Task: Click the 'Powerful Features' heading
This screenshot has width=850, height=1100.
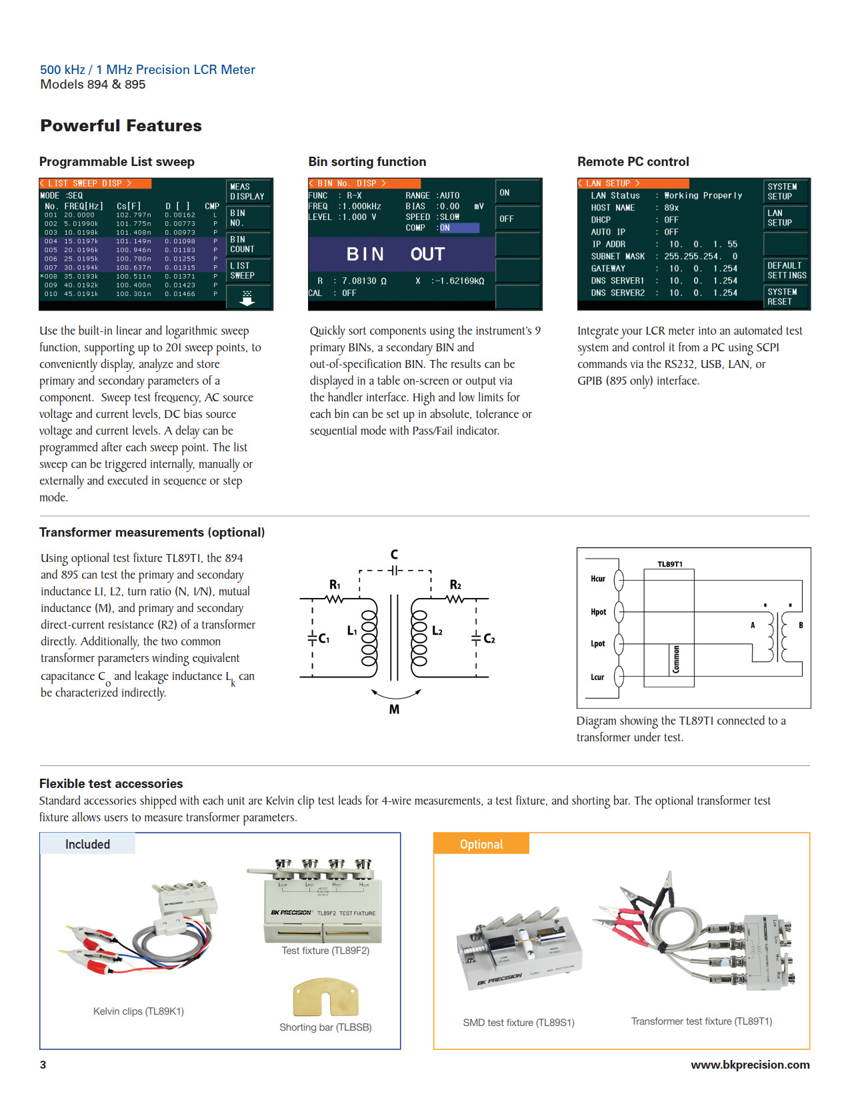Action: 121,126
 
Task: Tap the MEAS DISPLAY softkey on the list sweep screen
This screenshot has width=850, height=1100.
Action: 247,192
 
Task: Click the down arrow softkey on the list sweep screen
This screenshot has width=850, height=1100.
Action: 247,298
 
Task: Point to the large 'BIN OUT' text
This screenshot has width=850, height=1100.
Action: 395,254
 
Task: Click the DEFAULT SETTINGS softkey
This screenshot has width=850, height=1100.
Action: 787,271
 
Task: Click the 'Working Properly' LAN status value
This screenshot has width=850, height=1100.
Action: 703,196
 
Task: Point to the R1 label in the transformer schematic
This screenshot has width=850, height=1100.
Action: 335,585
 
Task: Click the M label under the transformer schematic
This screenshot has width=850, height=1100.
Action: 395,709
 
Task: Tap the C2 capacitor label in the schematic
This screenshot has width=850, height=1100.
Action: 489,639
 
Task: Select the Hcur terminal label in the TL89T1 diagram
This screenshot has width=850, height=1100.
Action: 598,579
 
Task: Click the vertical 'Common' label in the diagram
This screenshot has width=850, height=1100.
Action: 676,659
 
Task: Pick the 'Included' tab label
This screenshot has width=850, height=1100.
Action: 87,844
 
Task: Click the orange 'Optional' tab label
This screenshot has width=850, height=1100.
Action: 481,844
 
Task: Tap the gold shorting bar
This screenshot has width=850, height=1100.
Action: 325,997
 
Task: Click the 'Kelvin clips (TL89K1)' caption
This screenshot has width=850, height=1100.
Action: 139,1011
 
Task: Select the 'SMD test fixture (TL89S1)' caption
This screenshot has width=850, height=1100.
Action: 519,1023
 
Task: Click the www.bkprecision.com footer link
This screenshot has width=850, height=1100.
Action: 750,1065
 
